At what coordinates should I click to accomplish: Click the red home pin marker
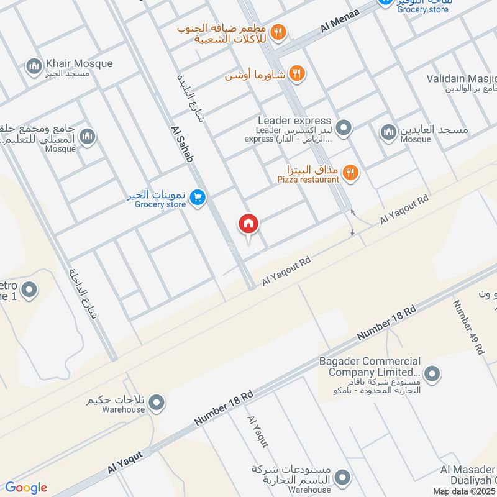[248, 225]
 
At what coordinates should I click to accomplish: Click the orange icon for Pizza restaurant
[350, 173]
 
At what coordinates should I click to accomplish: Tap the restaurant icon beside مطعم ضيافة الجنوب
[279, 32]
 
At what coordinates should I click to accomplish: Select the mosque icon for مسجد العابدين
[389, 132]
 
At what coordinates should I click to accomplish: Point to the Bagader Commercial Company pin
[433, 374]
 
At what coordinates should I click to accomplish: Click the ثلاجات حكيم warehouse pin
[157, 403]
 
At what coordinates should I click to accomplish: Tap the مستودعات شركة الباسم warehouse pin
[340, 477]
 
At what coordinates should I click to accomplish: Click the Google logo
[26, 488]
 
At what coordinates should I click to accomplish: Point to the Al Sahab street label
[181, 144]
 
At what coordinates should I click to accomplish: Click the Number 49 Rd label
[468, 327]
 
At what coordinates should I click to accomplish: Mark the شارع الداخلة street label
[84, 293]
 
